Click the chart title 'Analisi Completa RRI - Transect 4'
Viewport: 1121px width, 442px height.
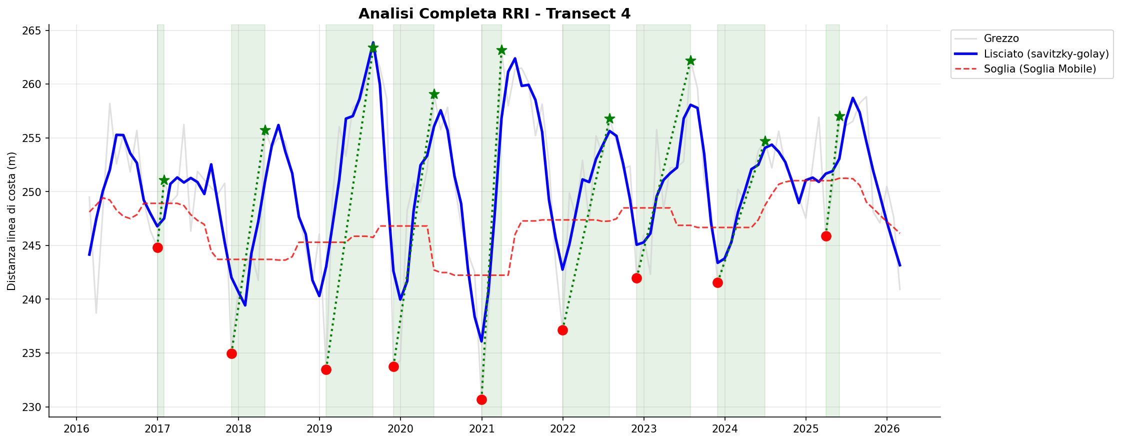(494, 14)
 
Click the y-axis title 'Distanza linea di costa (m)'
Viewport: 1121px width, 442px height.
(12, 221)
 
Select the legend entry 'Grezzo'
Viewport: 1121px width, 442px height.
(1001, 38)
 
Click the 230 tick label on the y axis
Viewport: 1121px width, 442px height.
(35, 407)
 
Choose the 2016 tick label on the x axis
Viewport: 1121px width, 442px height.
(76, 428)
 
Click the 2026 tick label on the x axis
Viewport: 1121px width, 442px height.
(886, 428)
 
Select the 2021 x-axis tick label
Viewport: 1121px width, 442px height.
(481, 428)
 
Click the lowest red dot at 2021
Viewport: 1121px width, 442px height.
(481, 399)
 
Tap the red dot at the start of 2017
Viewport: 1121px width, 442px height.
(157, 247)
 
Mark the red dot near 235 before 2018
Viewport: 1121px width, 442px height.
(231, 353)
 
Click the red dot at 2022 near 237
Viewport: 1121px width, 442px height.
(562, 330)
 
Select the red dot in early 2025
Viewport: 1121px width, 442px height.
(826, 236)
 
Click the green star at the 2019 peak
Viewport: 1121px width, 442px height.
(373, 47)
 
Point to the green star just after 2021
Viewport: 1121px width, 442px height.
(501, 50)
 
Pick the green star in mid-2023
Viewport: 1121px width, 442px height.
(690, 60)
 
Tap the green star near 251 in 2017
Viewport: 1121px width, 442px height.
(164, 180)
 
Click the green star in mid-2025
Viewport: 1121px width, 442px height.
(839, 116)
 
